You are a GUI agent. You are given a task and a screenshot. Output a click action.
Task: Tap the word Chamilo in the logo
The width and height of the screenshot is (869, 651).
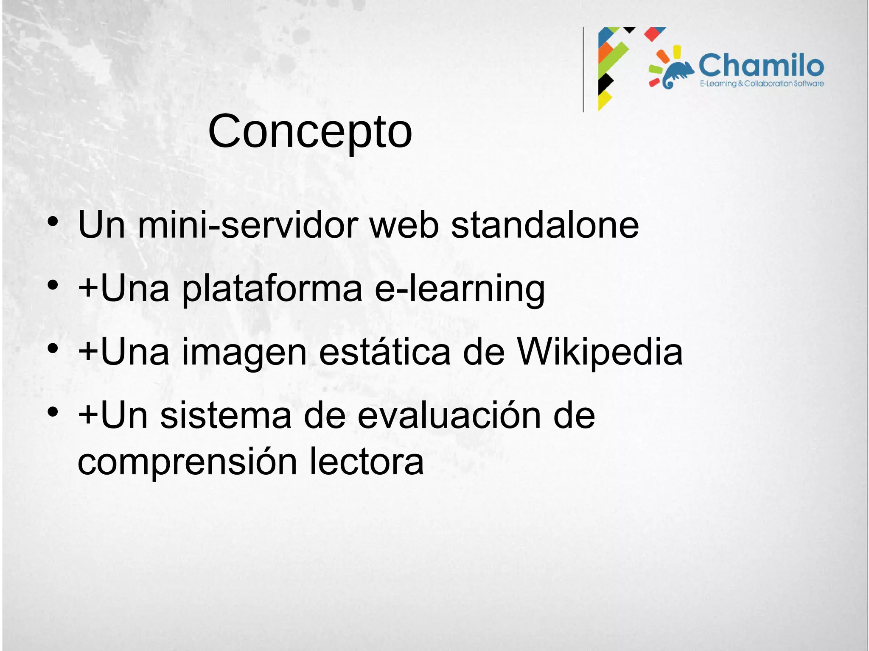click(761, 66)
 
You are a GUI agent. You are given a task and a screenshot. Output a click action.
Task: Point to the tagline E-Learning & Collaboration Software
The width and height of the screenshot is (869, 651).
click(762, 83)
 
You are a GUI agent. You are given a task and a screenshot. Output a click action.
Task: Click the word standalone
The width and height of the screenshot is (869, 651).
click(544, 225)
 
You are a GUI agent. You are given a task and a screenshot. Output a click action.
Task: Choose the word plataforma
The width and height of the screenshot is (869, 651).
click(272, 289)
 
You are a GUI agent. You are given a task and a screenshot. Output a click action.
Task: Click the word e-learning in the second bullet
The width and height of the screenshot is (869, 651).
click(460, 289)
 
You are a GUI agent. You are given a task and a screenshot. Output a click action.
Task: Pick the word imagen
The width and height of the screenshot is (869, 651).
click(244, 353)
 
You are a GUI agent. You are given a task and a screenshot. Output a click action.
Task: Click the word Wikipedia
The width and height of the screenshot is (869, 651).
click(600, 353)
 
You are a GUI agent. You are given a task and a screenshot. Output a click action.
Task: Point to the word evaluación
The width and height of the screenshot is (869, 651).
click(449, 416)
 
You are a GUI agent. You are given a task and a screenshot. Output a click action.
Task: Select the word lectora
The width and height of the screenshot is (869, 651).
click(367, 462)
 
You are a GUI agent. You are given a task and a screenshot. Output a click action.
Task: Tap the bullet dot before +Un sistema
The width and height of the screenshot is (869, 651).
click(53, 412)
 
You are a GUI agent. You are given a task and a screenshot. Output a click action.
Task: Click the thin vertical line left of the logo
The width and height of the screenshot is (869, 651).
click(583, 70)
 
